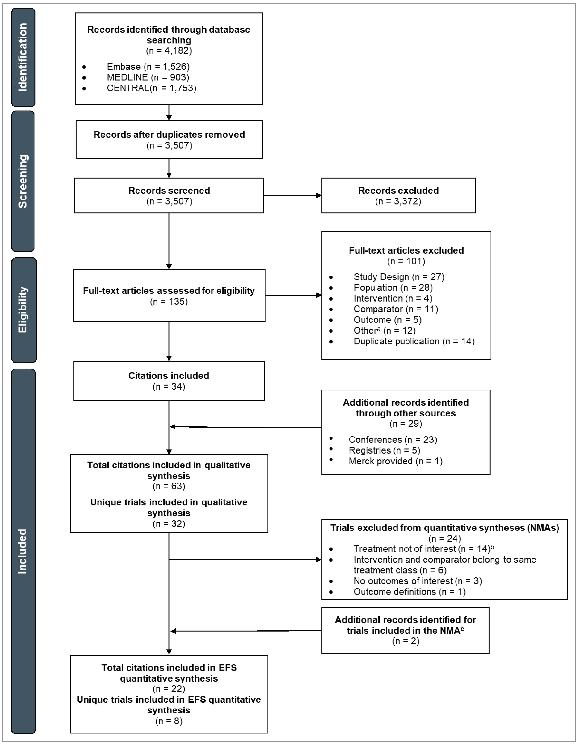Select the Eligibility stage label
[x=23, y=310]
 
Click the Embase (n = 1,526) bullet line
[x=148, y=67]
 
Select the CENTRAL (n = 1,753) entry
[x=152, y=88]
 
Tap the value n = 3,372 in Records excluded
[x=398, y=201]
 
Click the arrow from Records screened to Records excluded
[x=293, y=196]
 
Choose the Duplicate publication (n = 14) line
[x=414, y=341]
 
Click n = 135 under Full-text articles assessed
[x=169, y=302]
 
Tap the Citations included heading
[x=169, y=376]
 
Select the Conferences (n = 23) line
[x=393, y=440]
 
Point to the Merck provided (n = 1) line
[x=395, y=461]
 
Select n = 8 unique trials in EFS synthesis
[x=169, y=721]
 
